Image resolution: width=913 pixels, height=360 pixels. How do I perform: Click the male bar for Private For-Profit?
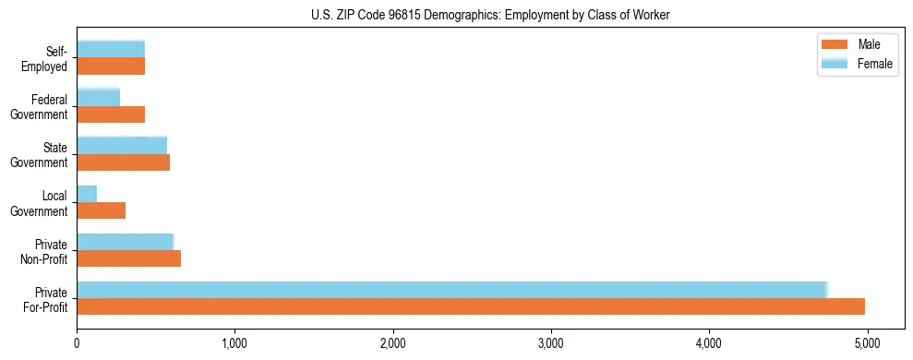click(471, 306)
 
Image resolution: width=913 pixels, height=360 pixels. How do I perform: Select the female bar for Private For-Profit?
click(452, 290)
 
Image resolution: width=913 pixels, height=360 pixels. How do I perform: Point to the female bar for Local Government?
click(87, 194)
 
